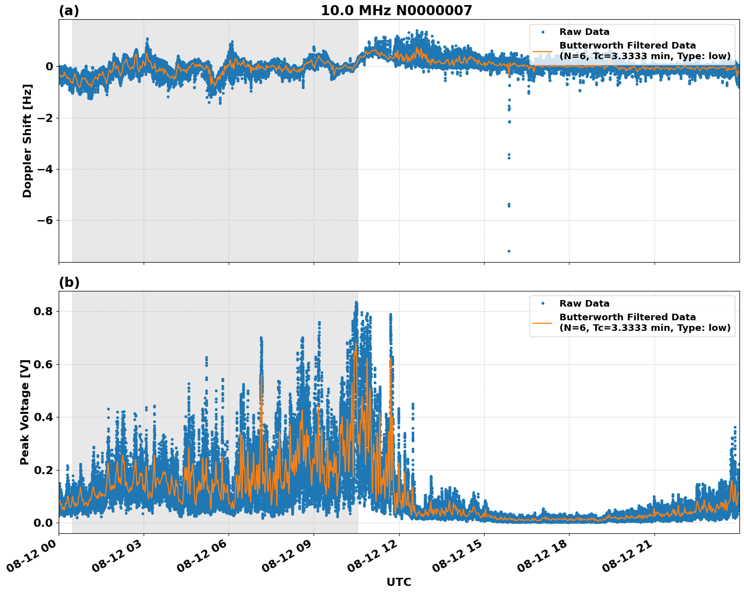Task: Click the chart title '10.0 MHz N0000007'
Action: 396,11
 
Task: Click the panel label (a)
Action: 69,11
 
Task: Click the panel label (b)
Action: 69,282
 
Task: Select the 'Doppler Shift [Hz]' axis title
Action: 27,141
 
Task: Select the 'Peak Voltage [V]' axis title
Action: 25,412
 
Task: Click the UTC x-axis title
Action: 399,582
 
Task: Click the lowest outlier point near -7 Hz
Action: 509,251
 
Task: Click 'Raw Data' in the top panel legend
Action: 584,32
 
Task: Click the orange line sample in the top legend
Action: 543,51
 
